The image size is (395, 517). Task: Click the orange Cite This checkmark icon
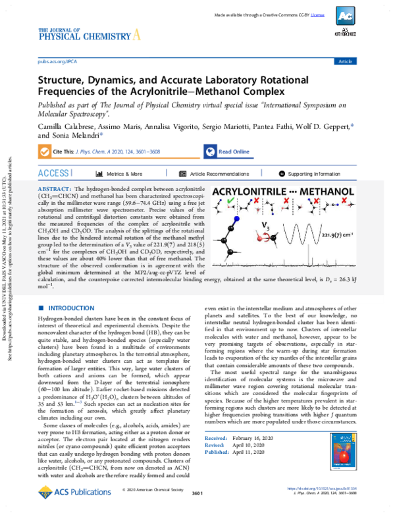coord(45,151)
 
